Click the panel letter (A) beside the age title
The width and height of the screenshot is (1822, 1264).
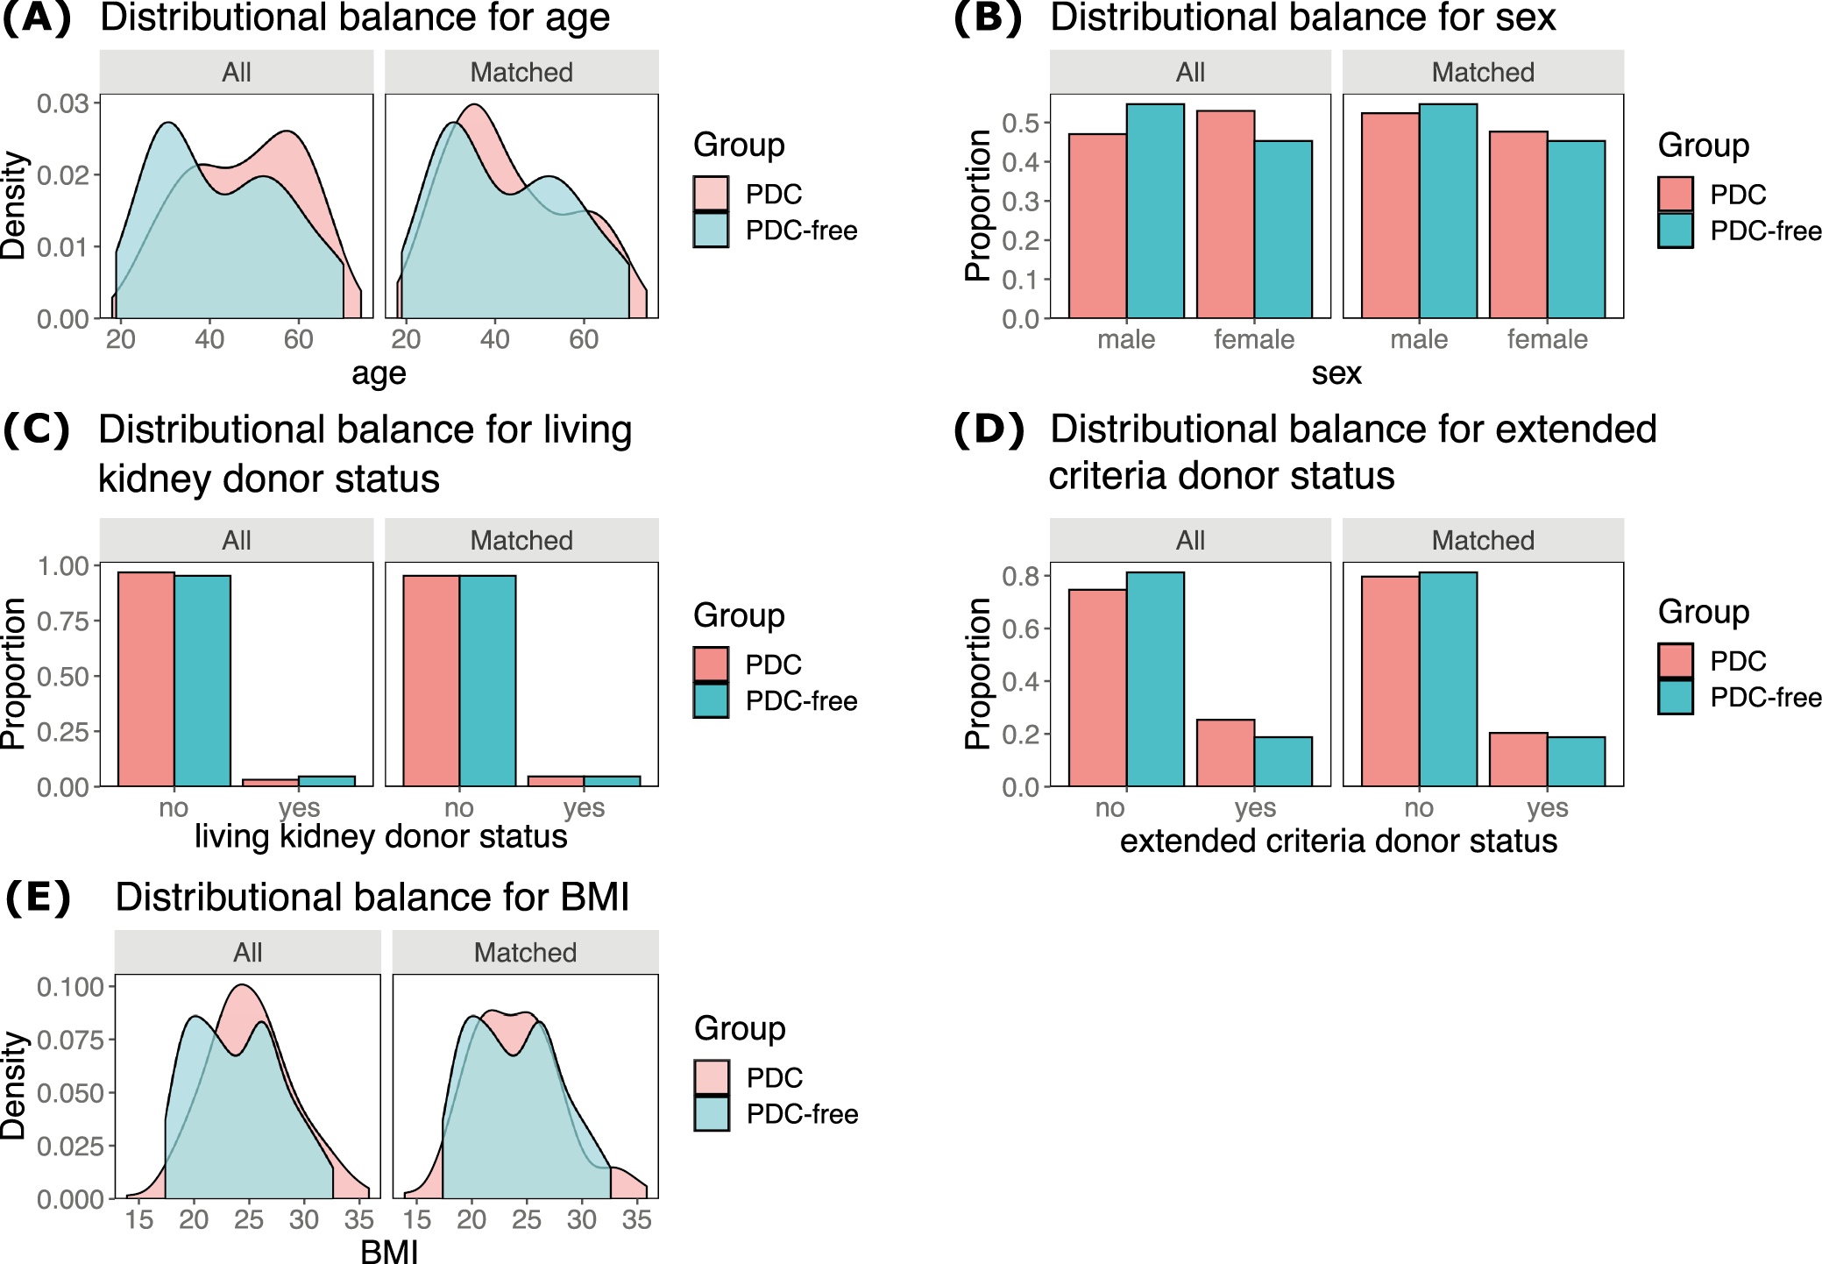pos(37,18)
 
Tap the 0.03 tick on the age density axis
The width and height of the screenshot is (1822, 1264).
pos(63,103)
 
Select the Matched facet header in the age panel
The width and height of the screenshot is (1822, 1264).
pos(521,72)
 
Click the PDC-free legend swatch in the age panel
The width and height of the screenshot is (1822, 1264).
pos(711,231)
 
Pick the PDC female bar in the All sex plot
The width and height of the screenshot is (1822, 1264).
pos(1225,215)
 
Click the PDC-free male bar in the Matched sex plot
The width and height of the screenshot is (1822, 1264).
pos(1448,210)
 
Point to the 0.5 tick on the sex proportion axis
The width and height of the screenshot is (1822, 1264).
pos(1020,123)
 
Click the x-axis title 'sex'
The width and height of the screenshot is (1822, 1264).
pos(1336,373)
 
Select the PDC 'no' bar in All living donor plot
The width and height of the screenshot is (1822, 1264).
pos(146,679)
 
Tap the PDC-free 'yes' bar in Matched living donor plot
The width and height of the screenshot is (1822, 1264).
pos(612,781)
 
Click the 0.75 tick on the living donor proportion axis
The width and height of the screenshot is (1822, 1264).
pos(63,621)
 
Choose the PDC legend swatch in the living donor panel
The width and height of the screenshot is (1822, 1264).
pos(711,664)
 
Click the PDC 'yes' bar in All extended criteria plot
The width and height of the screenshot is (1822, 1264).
pos(1225,753)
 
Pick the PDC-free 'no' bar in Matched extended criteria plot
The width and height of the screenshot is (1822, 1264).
pos(1448,679)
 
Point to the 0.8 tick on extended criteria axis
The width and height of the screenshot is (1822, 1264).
pos(1020,576)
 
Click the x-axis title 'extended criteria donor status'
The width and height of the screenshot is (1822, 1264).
pos(1338,841)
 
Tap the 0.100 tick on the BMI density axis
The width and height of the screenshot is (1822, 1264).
pos(70,987)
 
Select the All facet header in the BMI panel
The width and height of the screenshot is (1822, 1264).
pos(248,953)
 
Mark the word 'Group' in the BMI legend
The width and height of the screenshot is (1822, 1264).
pos(740,1028)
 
